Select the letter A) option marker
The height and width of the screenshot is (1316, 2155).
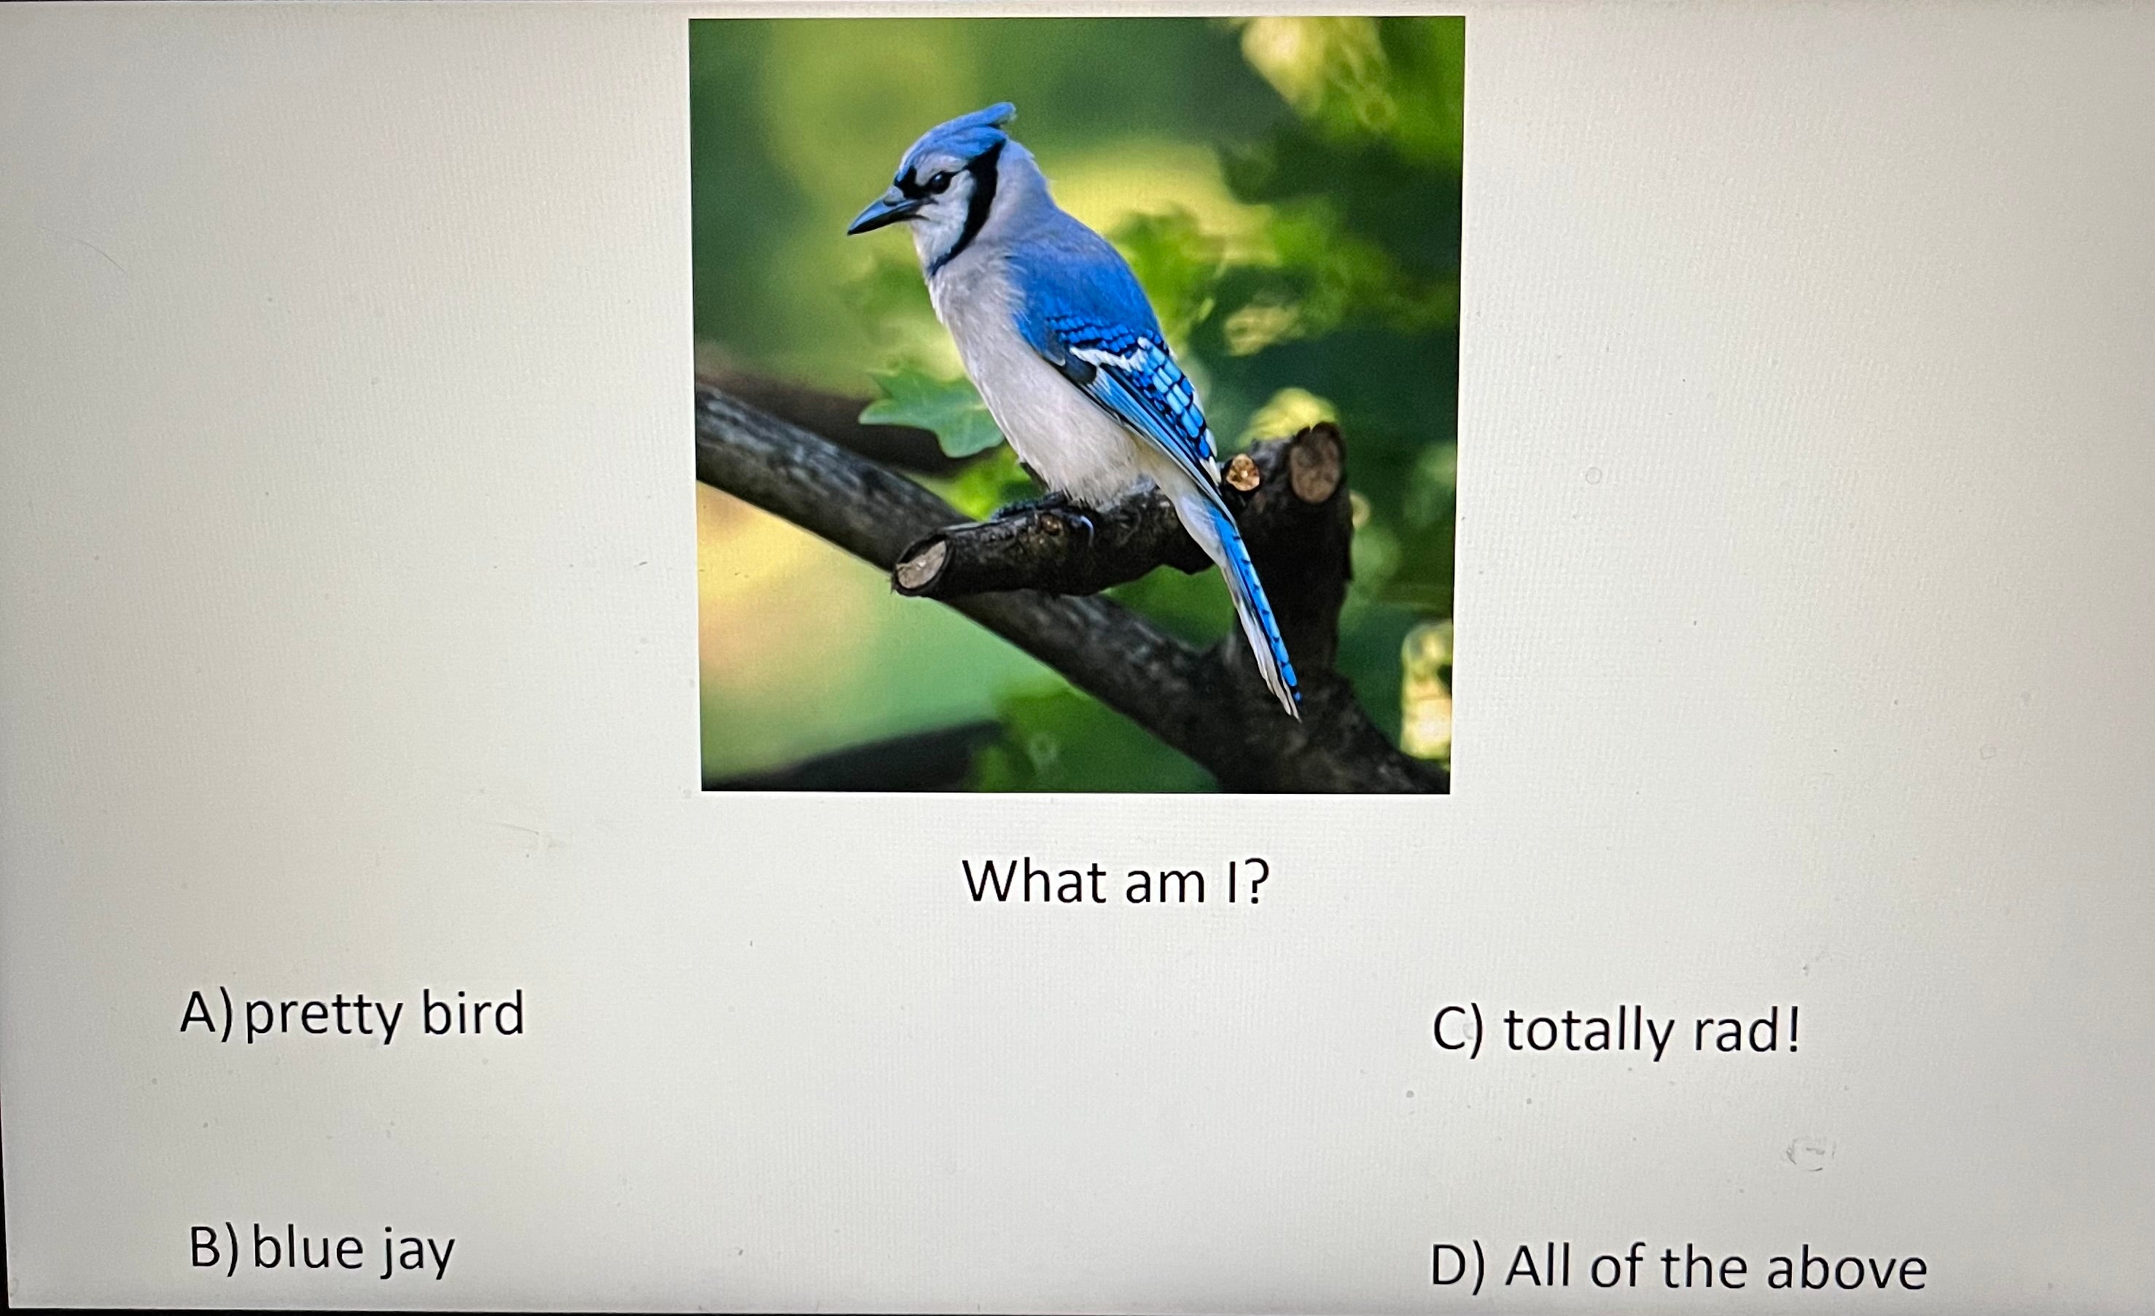tap(206, 1014)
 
